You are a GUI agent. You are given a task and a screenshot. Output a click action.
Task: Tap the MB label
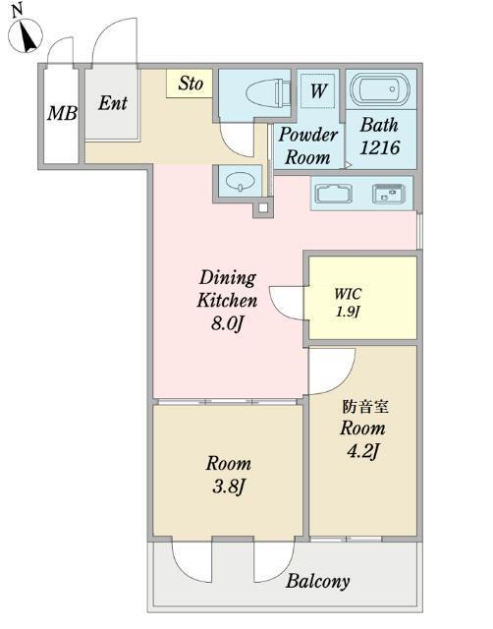point(62,113)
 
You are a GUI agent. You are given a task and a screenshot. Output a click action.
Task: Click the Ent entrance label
point(113,103)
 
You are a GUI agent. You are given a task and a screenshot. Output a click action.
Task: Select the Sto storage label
point(191,84)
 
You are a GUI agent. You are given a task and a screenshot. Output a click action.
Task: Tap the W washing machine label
point(318,91)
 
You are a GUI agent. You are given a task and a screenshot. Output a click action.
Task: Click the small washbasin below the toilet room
point(239,181)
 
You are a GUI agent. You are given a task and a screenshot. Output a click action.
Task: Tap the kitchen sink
point(335,193)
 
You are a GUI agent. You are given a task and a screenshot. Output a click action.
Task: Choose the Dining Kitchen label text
point(227,289)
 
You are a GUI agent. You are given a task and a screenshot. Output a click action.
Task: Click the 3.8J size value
point(227,486)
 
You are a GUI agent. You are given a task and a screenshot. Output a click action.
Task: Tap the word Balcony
point(317,581)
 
